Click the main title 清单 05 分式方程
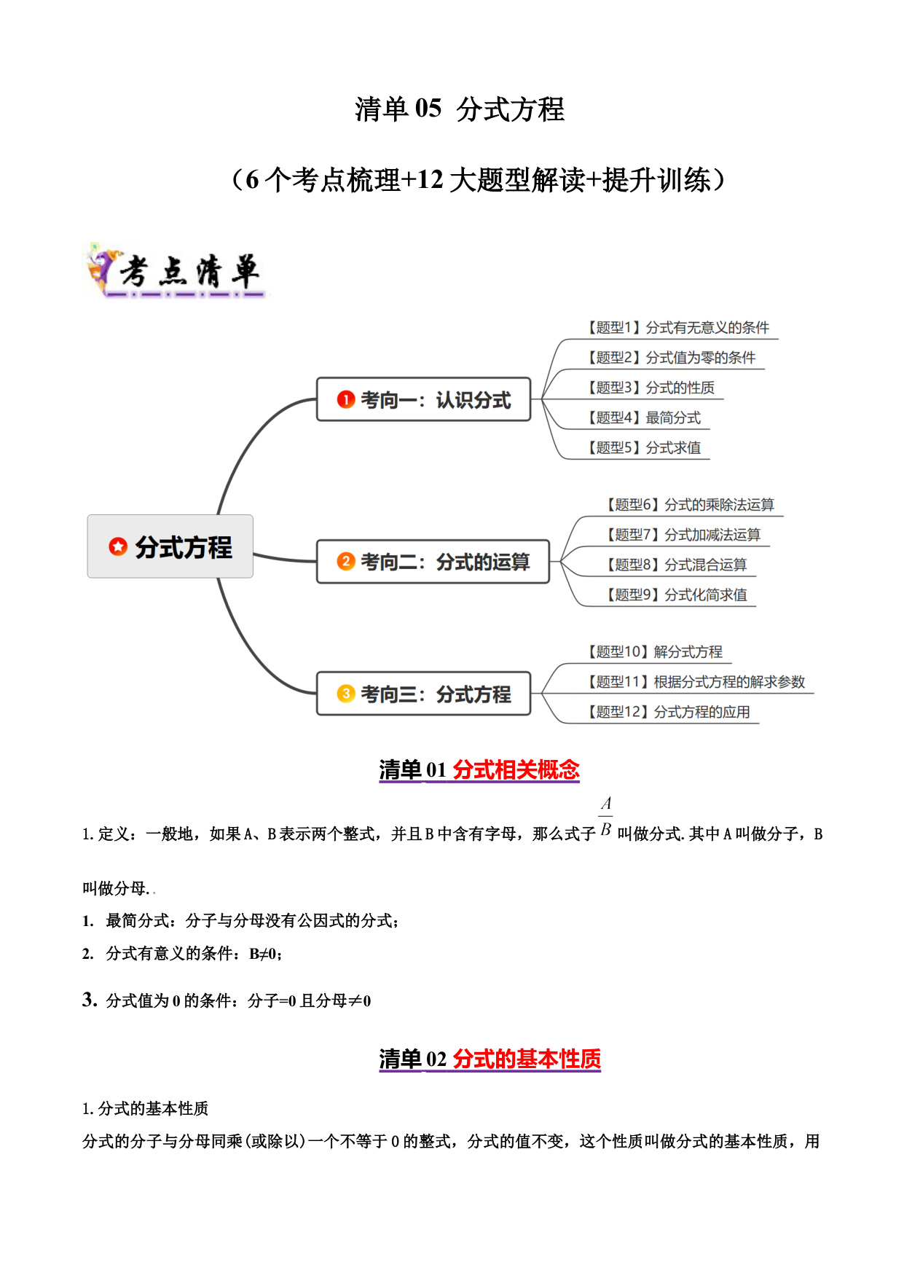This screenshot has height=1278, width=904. pos(460,109)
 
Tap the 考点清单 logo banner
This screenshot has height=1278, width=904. pos(176,271)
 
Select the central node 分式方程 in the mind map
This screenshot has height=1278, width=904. pos(170,546)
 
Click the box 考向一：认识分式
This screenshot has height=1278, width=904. pos(424,399)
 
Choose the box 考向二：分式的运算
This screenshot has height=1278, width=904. pos(433,561)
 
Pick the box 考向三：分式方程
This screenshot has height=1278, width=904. pos(424,694)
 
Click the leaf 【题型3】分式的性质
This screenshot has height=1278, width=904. pos(651,388)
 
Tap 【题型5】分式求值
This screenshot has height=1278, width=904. pos(645,447)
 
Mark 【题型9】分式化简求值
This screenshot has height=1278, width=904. pos(677,595)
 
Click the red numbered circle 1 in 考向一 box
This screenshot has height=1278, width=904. pos(346,399)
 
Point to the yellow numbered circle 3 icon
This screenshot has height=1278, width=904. pos(346,694)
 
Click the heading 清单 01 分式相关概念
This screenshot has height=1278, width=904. pos(479,769)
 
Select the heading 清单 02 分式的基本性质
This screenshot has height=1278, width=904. pos(490,1059)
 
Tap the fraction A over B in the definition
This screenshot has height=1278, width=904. pos(606,817)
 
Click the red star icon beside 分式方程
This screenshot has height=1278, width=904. pos(118,546)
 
